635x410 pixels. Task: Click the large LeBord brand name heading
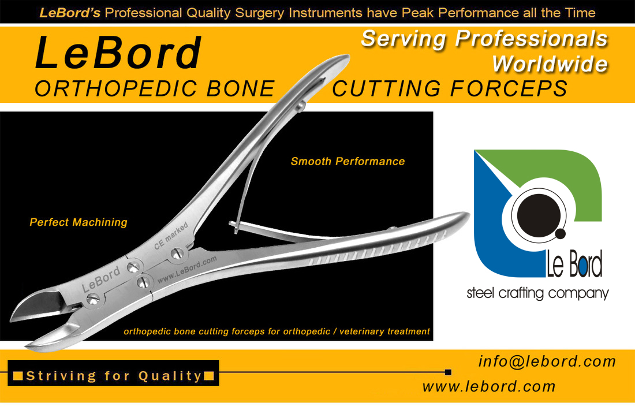click(118, 53)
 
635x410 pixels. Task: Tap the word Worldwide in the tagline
click(550, 64)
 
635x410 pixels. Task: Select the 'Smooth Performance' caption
click(348, 161)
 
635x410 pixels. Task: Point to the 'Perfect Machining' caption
click(79, 222)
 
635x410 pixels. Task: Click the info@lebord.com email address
click(547, 361)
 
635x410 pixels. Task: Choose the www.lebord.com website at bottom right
click(489, 386)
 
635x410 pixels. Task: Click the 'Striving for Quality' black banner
click(113, 372)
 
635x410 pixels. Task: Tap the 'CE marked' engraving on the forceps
click(171, 236)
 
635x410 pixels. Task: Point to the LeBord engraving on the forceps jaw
click(101, 279)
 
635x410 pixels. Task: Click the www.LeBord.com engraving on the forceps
click(187, 270)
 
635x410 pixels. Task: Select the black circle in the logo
click(538, 214)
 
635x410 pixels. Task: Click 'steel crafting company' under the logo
click(537, 293)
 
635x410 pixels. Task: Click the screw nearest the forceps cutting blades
click(93, 300)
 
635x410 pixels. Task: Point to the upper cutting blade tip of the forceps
click(12, 319)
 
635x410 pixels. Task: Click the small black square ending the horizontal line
click(448, 372)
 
